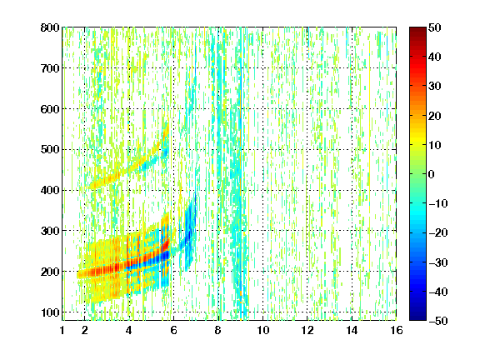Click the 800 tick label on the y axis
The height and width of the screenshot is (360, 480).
pyautogui.click(x=50, y=27)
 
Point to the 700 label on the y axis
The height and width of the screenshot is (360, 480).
pyautogui.click(x=50, y=68)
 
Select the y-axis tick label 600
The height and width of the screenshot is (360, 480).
pyautogui.click(x=50, y=109)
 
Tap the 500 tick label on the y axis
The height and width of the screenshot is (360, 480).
pyautogui.click(x=50, y=150)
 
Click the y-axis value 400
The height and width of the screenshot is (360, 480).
pyautogui.click(x=50, y=190)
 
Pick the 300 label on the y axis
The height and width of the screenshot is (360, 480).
pyautogui.click(x=50, y=231)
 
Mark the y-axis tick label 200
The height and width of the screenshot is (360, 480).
pyautogui.click(x=50, y=272)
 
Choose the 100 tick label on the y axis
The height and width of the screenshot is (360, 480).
pyautogui.click(x=50, y=312)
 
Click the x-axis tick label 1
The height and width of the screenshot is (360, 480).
pyautogui.click(x=62, y=330)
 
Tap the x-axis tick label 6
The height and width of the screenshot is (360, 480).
pyautogui.click(x=173, y=330)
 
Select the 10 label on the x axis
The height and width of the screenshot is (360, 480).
pyautogui.click(x=262, y=330)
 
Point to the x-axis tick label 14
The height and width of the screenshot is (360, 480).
pyautogui.click(x=352, y=330)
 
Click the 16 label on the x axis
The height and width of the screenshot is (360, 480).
pyautogui.click(x=397, y=330)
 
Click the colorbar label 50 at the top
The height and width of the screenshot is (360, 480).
pyautogui.click(x=434, y=27)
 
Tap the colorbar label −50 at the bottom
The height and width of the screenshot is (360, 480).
pyautogui.click(x=438, y=321)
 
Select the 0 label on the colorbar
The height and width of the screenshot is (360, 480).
pyautogui.click(x=431, y=174)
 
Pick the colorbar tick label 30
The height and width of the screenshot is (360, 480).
pyautogui.click(x=434, y=86)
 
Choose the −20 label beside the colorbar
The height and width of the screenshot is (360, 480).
pyautogui.click(x=438, y=232)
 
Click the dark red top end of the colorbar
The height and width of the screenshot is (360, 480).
pyautogui.click(x=417, y=29)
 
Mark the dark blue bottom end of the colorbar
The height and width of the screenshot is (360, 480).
pyautogui.click(x=417, y=318)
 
